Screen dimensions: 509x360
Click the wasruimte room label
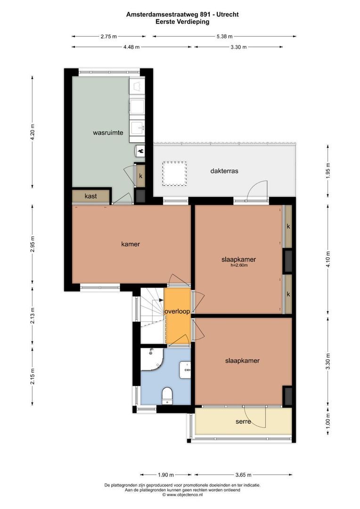pos(108,133)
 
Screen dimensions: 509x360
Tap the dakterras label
pos(224,171)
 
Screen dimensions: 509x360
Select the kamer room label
pos(131,244)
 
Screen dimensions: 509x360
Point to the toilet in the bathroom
pos(167,395)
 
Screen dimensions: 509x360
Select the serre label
pos(243,421)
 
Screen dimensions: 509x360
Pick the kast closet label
pos(91,196)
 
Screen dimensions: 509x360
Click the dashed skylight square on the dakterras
pos(174,173)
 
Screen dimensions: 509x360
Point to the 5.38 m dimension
pos(224,36)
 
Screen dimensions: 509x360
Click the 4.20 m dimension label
pos(33,132)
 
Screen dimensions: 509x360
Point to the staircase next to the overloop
pos(152,314)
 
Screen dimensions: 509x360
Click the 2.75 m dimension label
pos(109,36)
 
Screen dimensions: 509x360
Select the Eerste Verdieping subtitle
pos(182,22)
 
